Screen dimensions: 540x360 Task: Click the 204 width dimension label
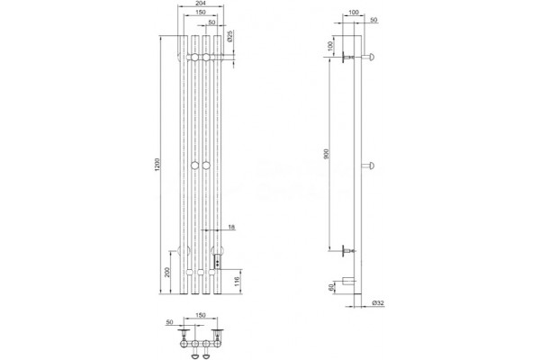tap(200, 3)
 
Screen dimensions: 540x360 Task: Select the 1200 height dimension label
tap(157, 165)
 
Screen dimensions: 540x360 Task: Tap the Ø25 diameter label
tap(230, 36)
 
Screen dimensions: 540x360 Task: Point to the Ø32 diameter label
tap(378, 303)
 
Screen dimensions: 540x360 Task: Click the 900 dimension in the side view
tap(327, 154)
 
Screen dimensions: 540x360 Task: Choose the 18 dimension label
tap(231, 227)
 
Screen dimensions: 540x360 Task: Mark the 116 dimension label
tap(238, 281)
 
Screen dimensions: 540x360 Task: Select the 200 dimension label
tap(167, 273)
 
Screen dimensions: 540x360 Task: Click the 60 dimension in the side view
tap(331, 286)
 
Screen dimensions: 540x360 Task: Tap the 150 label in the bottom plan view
tap(201, 315)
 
